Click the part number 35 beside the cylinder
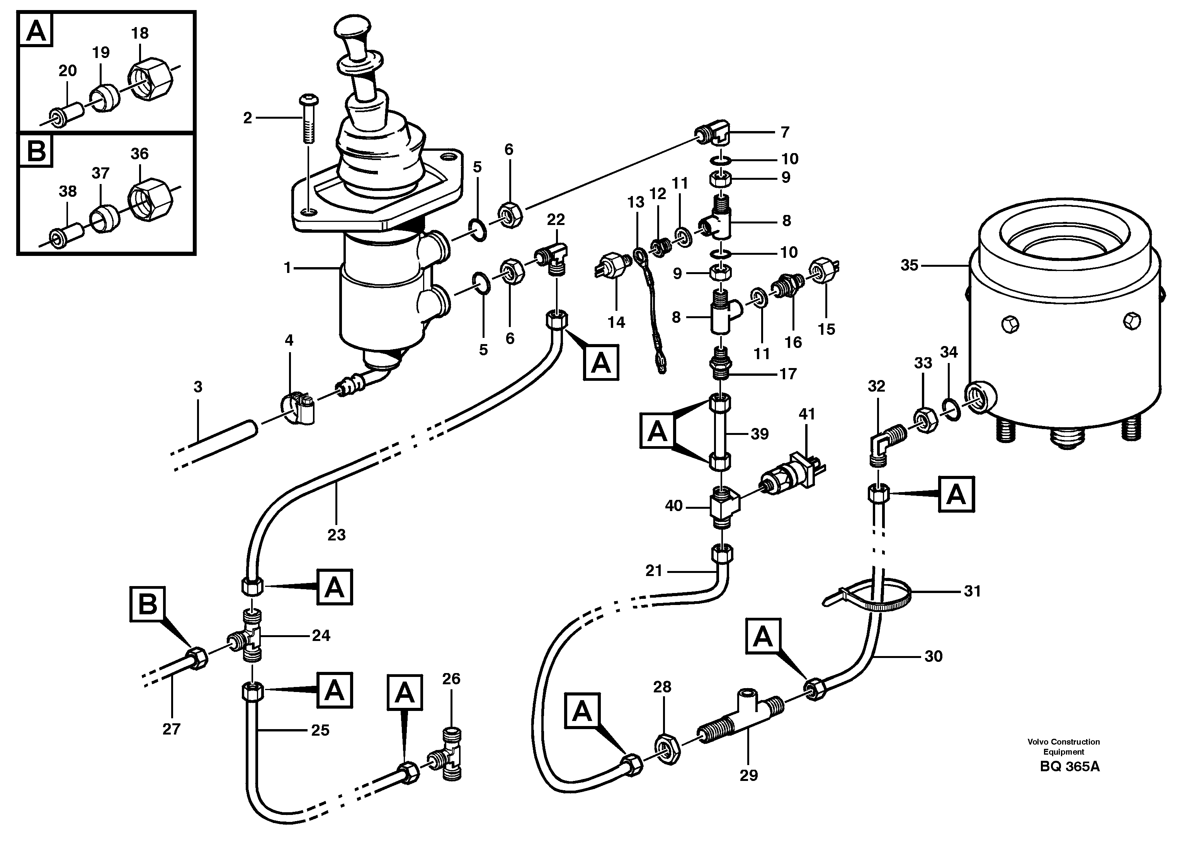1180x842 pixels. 909,266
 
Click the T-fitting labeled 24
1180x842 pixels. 249,636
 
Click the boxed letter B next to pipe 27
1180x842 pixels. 148,604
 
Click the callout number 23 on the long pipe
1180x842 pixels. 336,535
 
